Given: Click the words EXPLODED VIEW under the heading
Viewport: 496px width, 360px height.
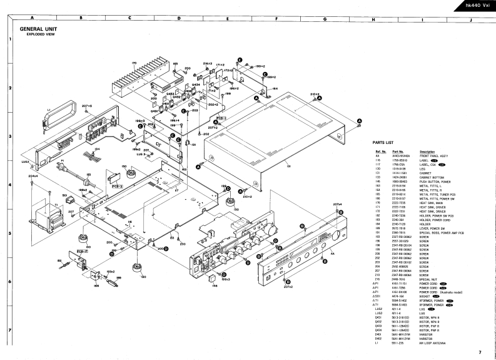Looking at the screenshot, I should (39, 34).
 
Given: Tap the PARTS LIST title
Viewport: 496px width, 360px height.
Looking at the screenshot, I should (382, 143).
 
